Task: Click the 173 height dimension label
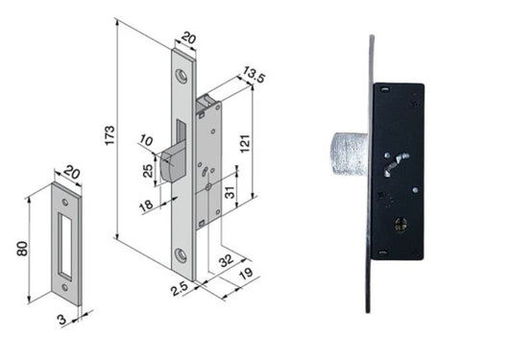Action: point(110,135)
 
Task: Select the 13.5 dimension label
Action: point(254,75)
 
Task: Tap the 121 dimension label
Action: point(245,143)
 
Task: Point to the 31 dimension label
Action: point(231,193)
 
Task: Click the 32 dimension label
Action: point(226,260)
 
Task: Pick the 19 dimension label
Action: point(246,274)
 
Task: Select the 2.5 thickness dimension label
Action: point(180,288)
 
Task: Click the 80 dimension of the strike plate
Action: point(22,249)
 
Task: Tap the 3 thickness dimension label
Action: point(62,319)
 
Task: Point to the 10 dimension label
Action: point(146,141)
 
